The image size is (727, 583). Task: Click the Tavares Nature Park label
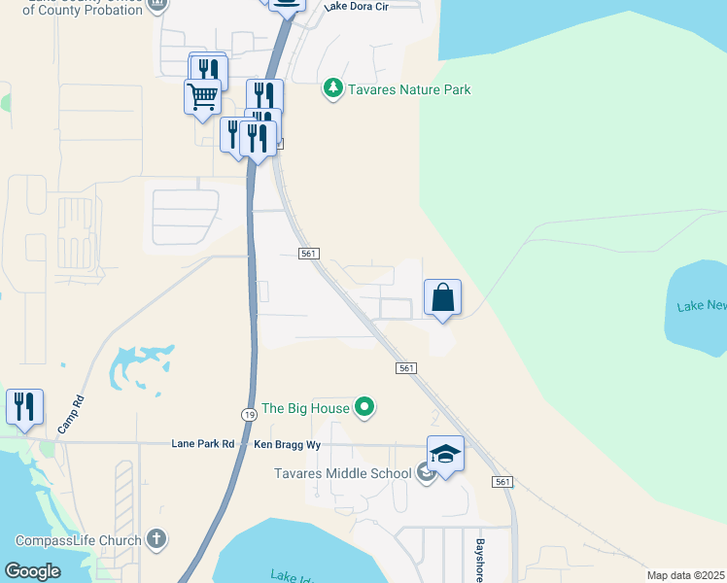pyautogui.click(x=409, y=90)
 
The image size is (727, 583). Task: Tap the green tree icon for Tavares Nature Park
pyautogui.click(x=333, y=89)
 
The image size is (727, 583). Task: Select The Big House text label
pyautogui.click(x=306, y=408)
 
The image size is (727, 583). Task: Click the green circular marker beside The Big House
pyautogui.click(x=364, y=407)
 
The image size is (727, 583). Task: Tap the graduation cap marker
pyautogui.click(x=445, y=455)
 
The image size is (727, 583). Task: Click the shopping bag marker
pyautogui.click(x=442, y=298)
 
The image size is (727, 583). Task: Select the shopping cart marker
pyautogui.click(x=202, y=97)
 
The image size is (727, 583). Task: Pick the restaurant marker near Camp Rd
pyautogui.click(x=24, y=407)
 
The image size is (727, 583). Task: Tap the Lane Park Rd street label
pyautogui.click(x=203, y=444)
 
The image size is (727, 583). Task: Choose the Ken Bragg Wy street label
pyautogui.click(x=288, y=444)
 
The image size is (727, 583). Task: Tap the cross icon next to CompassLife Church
pyautogui.click(x=157, y=540)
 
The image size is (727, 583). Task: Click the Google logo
pyautogui.click(x=32, y=571)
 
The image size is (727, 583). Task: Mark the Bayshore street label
pyautogui.click(x=479, y=559)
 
